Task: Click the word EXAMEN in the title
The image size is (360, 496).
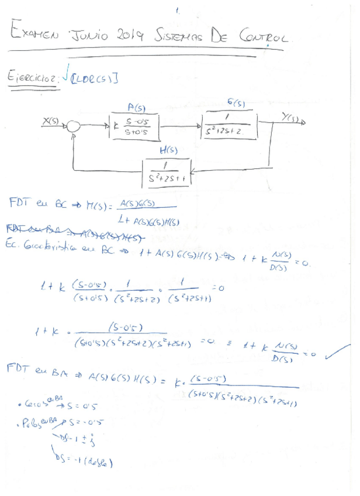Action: tap(34, 35)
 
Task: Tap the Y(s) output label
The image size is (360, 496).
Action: tap(289, 119)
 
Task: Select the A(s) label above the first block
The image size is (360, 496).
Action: tap(136, 108)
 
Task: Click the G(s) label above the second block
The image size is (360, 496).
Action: tap(236, 103)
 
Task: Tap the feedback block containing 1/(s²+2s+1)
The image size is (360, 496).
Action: tap(167, 172)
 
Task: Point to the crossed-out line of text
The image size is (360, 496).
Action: tap(76, 232)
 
